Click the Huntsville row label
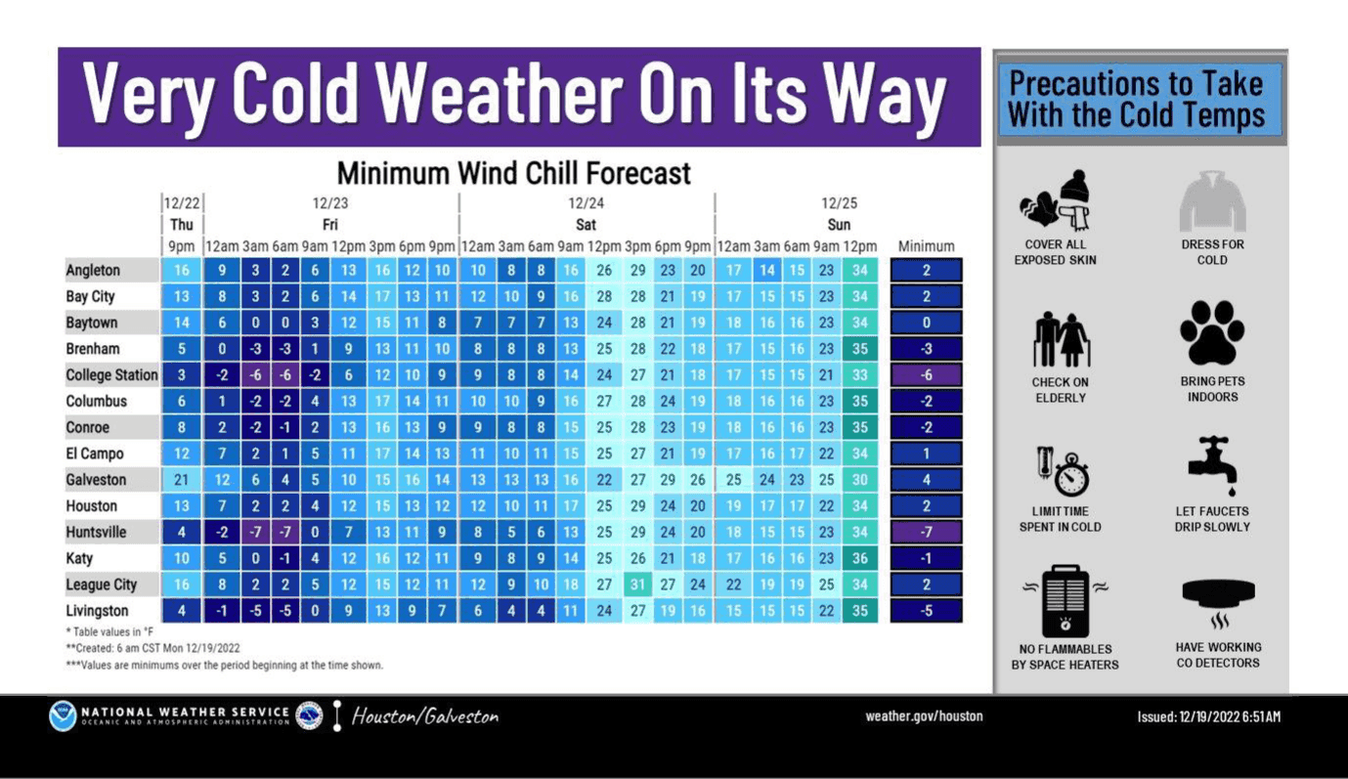pyautogui.click(x=96, y=533)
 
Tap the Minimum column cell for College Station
pyautogui.click(x=926, y=374)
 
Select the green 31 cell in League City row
pyautogui.click(x=637, y=584)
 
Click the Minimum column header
pyautogui.click(x=926, y=246)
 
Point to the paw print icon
pyautogui.click(x=1212, y=332)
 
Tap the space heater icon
pyautogui.click(x=1065, y=601)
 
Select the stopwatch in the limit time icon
pyautogui.click(x=1071, y=476)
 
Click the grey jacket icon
pyautogui.click(x=1212, y=201)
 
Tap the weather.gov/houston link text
pyautogui.click(x=924, y=715)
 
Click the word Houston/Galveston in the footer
pyautogui.click(x=425, y=716)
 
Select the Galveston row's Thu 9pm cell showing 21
pyautogui.click(x=181, y=480)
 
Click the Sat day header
pyautogui.click(x=586, y=225)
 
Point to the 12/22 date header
pyautogui.click(x=181, y=202)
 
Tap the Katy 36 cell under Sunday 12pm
pyautogui.click(x=860, y=558)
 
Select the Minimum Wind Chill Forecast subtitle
pyautogui.click(x=513, y=174)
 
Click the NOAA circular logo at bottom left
pyautogui.click(x=63, y=715)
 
